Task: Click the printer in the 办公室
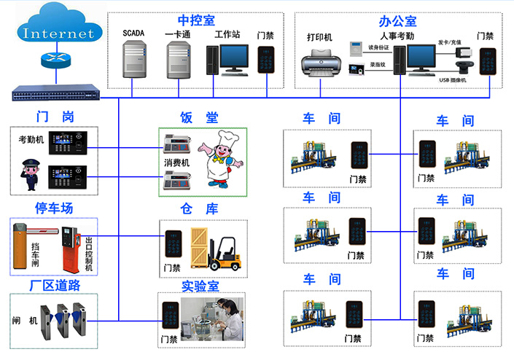(319, 62)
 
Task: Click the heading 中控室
(196, 20)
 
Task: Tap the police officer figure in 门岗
(30, 175)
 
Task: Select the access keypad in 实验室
(170, 317)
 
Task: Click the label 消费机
(176, 163)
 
